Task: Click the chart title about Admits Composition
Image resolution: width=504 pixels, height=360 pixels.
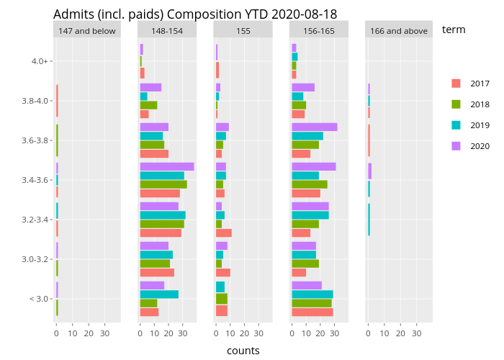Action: pos(194,14)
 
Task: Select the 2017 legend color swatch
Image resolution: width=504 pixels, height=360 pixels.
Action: pos(456,84)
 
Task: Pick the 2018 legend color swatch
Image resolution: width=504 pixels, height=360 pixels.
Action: pos(456,104)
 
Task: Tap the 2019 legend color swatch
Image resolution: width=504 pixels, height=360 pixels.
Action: pos(456,125)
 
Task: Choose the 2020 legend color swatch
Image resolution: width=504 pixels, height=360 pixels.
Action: pos(456,146)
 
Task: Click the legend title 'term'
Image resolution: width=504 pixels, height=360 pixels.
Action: pos(454,30)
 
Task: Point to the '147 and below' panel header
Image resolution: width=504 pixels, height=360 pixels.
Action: pos(87,30)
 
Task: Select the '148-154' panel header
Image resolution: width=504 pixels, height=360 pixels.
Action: pos(167,30)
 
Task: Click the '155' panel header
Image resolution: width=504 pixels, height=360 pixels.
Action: pos(243,30)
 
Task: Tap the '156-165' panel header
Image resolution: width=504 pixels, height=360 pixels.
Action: pos(319,30)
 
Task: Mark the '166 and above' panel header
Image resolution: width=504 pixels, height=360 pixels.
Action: pos(398,30)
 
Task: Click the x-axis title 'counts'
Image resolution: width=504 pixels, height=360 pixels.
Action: pos(243,351)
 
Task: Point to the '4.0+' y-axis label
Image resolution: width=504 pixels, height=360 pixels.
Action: pos(40,61)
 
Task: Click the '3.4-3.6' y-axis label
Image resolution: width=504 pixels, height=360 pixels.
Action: pos(36,180)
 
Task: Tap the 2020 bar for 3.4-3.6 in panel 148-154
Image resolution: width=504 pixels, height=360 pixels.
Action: pos(166,167)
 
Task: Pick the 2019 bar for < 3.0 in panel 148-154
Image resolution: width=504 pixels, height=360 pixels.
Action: pos(158,294)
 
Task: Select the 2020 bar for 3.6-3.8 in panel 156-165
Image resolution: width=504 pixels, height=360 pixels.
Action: pos(314,127)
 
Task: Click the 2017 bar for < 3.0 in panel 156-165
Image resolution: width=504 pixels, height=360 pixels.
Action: pos(312,312)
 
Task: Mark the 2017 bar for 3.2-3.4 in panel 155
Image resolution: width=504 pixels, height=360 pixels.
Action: pos(223,233)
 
